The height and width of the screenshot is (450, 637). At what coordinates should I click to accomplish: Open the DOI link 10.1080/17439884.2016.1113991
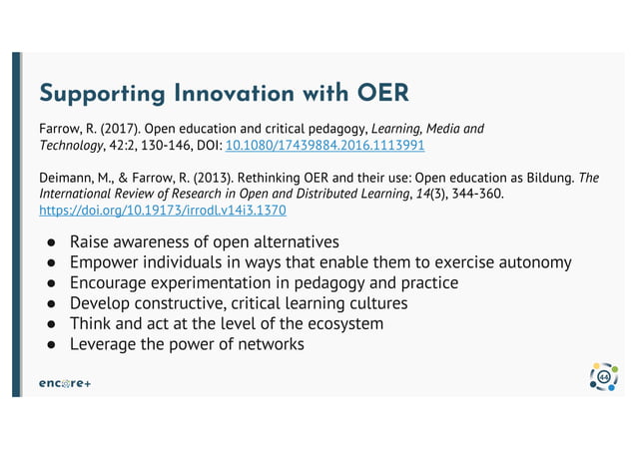coord(325,146)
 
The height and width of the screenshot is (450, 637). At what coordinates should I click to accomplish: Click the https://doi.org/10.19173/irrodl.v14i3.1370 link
coord(162,212)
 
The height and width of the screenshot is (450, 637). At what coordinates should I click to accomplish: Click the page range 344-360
coord(474,195)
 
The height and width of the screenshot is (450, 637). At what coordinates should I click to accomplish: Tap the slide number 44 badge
coord(603,377)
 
